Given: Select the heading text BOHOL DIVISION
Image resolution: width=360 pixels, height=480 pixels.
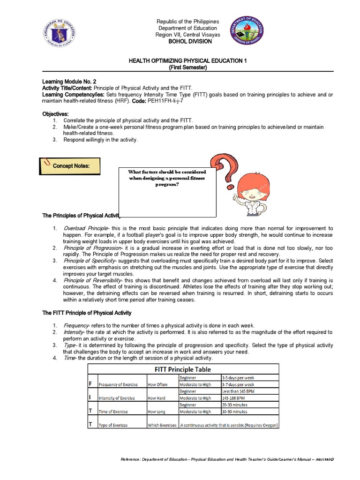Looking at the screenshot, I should (187, 41).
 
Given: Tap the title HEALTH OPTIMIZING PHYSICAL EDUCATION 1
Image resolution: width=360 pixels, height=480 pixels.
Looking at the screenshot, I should (187, 61).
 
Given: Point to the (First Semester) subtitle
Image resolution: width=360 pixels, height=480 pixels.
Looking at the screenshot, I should (187, 67).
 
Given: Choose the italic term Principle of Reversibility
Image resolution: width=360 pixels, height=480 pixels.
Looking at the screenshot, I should (91, 280).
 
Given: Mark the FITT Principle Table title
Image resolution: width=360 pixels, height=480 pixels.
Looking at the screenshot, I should (182, 369).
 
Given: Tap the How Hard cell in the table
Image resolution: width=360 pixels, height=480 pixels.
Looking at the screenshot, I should (158, 398).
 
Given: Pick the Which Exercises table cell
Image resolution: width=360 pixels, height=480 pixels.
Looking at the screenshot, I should (162, 425).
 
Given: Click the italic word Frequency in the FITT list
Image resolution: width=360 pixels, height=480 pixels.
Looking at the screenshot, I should (76, 325).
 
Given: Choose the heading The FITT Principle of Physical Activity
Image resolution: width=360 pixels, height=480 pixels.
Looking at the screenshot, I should (87, 313).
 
